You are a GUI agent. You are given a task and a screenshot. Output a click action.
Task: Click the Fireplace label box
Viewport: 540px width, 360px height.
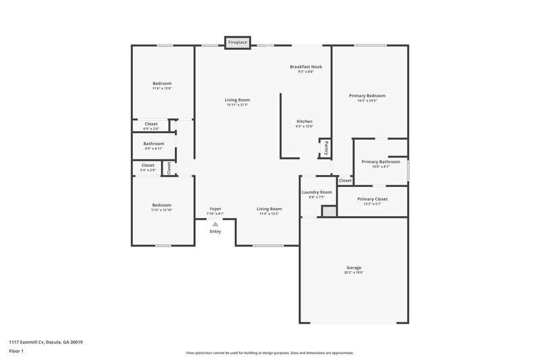pos(237,42)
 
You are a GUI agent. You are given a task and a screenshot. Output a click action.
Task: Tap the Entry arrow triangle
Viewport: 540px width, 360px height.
pos(215,224)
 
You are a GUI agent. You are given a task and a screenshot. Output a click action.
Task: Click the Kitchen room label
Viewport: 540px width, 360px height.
pos(304,122)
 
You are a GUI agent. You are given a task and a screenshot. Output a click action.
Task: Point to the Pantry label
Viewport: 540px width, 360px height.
pos(325,147)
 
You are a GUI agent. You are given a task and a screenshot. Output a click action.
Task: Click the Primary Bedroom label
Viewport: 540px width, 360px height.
pos(367,96)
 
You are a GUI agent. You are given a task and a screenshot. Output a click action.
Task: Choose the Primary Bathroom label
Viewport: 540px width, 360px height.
pos(381,162)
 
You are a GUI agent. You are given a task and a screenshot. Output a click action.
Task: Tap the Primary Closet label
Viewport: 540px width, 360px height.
pos(372,199)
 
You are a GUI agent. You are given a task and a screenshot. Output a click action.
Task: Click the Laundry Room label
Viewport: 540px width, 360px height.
pos(317,192)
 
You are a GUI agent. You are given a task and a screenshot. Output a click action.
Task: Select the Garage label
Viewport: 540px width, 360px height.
pos(354,267)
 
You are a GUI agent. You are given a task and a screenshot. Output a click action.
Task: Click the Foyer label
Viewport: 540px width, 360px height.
pos(215,209)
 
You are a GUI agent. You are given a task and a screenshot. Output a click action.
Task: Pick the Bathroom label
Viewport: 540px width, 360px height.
pos(154,144)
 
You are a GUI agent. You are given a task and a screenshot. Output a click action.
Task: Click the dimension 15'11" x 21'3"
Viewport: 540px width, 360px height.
pos(238,105)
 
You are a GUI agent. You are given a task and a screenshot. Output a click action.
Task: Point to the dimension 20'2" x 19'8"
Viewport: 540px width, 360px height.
pos(354,273)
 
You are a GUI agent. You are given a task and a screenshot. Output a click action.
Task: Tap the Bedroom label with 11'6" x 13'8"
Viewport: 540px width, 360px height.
pos(161,83)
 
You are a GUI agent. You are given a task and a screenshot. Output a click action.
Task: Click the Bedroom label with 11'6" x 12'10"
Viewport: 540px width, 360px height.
pos(161,205)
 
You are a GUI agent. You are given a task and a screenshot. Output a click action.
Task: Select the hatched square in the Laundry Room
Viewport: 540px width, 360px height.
pos(328,211)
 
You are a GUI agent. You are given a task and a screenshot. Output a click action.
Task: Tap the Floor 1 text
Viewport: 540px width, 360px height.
pos(16,352)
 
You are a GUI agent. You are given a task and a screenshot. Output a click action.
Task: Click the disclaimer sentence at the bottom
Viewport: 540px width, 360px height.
pos(269,353)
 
